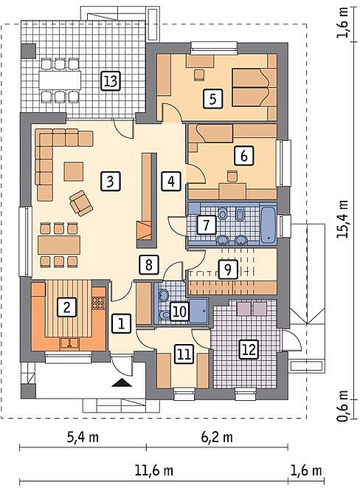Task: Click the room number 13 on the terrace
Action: (111, 81)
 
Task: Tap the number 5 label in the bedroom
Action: (212, 99)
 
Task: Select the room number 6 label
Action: (244, 155)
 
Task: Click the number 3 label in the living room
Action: (110, 182)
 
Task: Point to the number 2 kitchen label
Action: (66, 307)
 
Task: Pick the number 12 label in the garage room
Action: (249, 349)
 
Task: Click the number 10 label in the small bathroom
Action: (180, 312)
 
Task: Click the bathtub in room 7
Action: (268, 224)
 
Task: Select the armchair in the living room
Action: (81, 203)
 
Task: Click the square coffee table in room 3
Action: (74, 171)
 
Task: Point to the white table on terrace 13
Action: (60, 80)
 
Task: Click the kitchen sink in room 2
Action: (69, 343)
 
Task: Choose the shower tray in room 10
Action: (199, 311)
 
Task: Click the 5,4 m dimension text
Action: (83, 437)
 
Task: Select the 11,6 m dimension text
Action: (154, 470)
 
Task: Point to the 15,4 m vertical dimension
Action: (342, 219)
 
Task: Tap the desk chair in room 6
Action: (232, 176)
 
